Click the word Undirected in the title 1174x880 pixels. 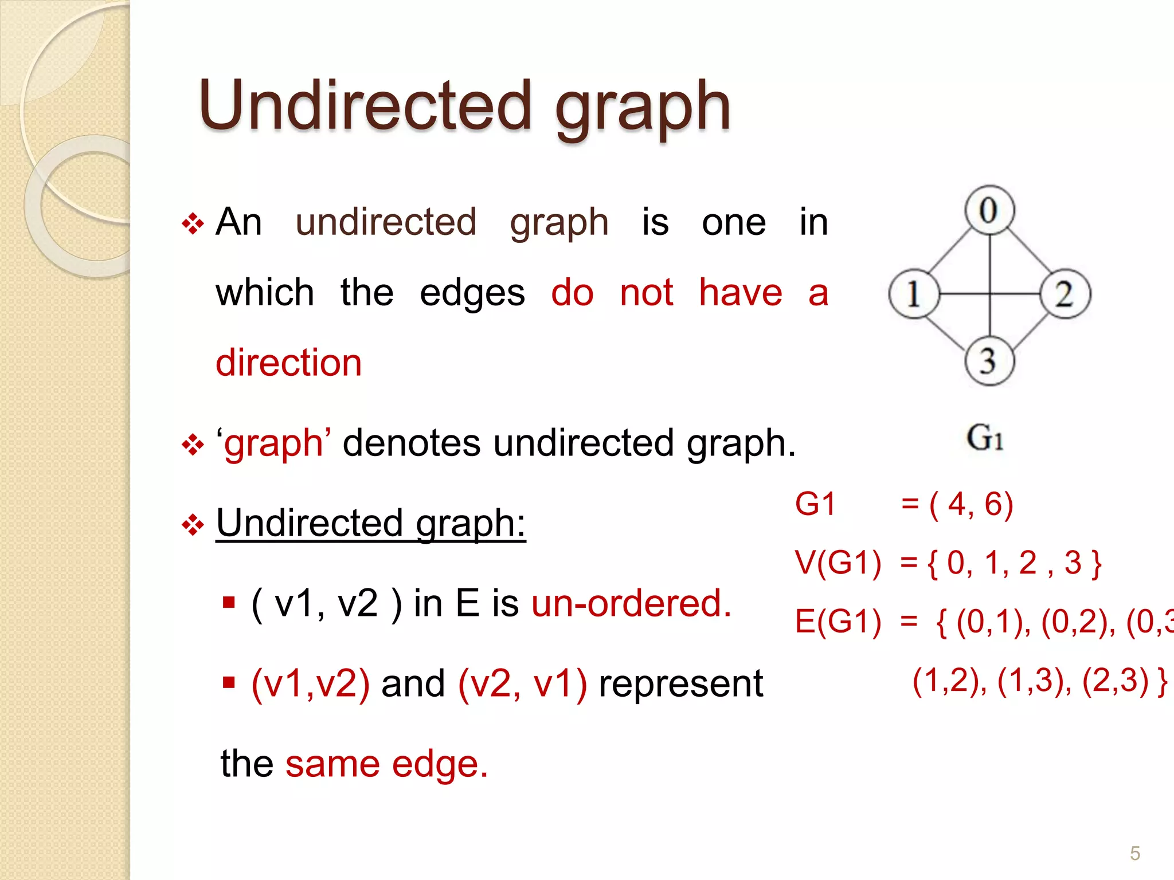tap(365, 106)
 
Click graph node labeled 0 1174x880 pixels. tap(989, 210)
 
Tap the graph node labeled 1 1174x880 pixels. tap(914, 294)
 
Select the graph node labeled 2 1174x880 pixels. tap(1065, 294)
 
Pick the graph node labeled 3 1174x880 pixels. tap(989, 362)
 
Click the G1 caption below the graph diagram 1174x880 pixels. tap(985, 438)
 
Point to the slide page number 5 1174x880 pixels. tap(1134, 853)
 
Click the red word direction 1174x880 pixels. tap(288, 363)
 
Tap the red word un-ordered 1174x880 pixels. tap(631, 603)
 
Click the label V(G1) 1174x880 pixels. tap(838, 563)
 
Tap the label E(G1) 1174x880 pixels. tap(838, 622)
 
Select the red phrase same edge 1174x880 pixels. tap(386, 764)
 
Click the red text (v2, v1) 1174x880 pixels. tap(522, 683)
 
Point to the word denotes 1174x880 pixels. tap(411, 443)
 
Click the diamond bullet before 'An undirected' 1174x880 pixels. tap(193, 223)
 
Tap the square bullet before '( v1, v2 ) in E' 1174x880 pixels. tap(229, 603)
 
